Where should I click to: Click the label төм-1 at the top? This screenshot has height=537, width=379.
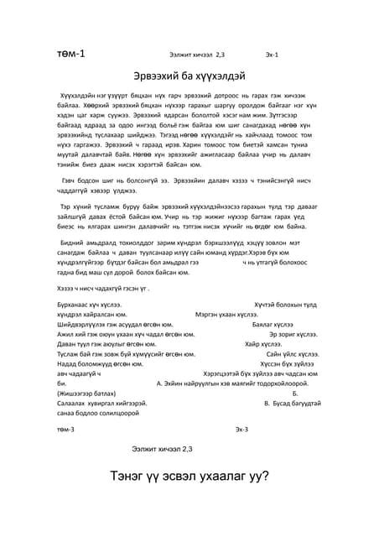(x=70, y=54)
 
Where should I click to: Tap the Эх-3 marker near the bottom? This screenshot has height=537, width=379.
(x=241, y=429)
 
